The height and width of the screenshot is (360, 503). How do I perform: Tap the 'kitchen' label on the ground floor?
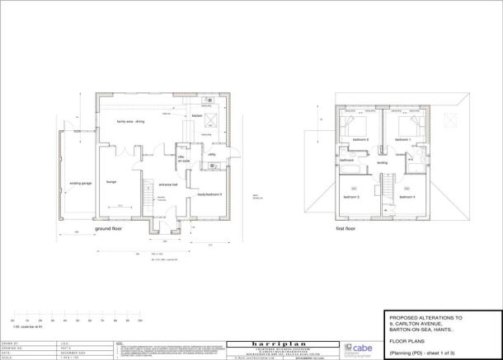(x=197, y=116)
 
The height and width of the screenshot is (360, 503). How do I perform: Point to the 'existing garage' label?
(x=80, y=183)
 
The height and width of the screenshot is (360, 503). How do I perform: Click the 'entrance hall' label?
(x=168, y=185)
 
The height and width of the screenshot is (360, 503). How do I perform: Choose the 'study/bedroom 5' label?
(x=210, y=194)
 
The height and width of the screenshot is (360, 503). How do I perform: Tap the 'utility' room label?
(x=211, y=154)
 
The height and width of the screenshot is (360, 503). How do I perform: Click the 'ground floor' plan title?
(x=107, y=228)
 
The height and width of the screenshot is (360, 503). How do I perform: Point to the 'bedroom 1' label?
(x=402, y=140)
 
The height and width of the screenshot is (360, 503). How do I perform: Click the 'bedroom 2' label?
(x=360, y=140)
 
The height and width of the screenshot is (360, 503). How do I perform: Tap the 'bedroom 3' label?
(x=351, y=197)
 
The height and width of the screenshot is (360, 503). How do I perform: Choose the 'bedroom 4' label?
(x=407, y=197)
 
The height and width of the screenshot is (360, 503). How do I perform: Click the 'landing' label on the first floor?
(x=382, y=162)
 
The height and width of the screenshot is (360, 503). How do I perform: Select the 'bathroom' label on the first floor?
(x=347, y=160)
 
